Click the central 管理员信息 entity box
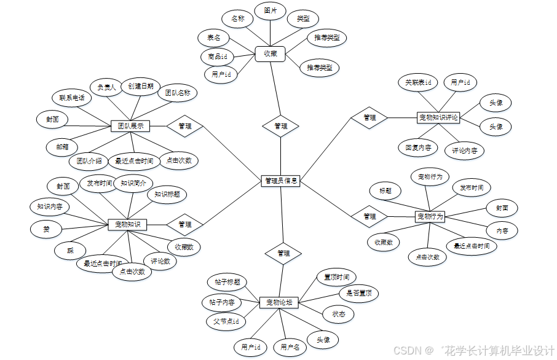pyautogui.click(x=280, y=181)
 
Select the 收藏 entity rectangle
pyautogui.click(x=271, y=54)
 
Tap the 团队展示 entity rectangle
pyautogui.click(x=130, y=126)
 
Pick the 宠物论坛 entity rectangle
pyautogui.click(x=278, y=302)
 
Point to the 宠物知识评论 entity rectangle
pyautogui.click(x=438, y=117)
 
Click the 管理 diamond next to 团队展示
pyautogui.click(x=184, y=126)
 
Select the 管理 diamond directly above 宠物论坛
pyautogui.click(x=283, y=253)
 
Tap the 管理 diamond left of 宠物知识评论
pyautogui.click(x=369, y=117)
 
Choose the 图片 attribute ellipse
pyautogui.click(x=270, y=11)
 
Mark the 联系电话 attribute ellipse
pyautogui.click(x=72, y=98)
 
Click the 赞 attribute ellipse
pyautogui.click(x=46, y=229)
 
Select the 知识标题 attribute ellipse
pyautogui.click(x=167, y=194)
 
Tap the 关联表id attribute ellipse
pyautogui.click(x=417, y=82)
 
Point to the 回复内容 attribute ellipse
pyautogui.click(x=417, y=147)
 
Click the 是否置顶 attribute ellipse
pyautogui.click(x=359, y=293)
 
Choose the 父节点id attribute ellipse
pyautogui.click(x=226, y=321)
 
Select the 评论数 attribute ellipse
pyautogui.click(x=160, y=261)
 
